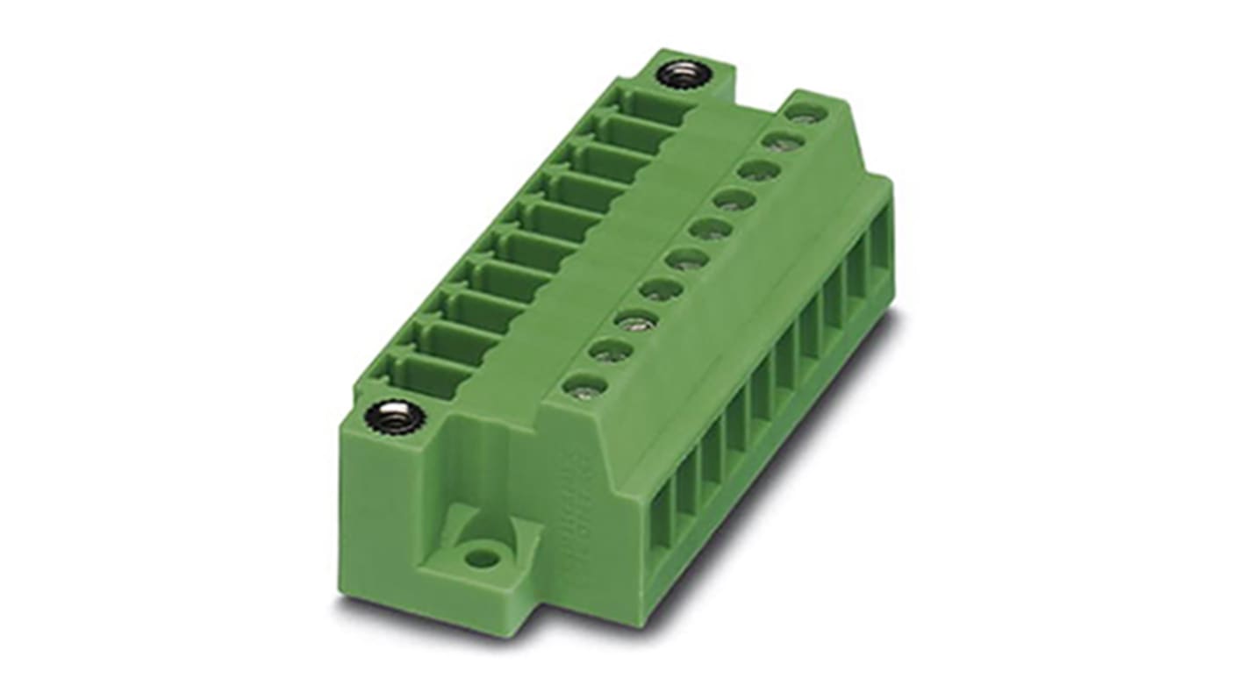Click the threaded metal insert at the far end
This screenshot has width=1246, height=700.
coord(684,74)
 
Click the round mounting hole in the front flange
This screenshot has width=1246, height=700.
coord(479,555)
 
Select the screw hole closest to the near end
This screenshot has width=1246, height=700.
coord(578,384)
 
